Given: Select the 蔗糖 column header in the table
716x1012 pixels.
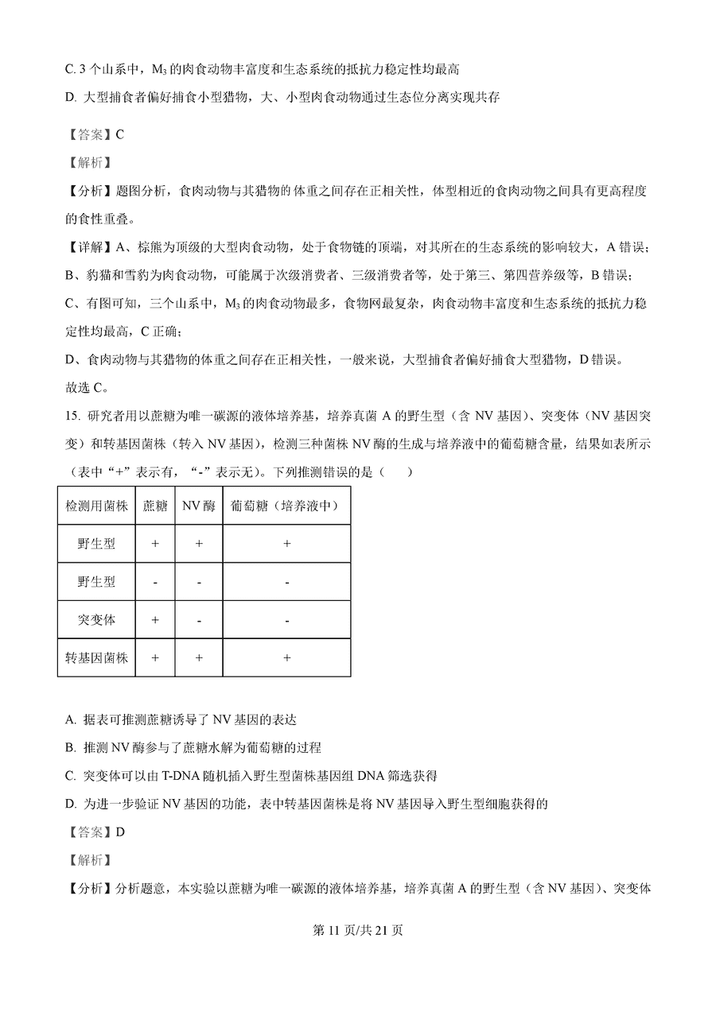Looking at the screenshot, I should tap(155, 506).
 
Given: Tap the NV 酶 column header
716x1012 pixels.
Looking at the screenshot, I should tap(199, 506).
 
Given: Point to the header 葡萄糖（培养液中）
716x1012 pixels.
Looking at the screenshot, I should tap(286, 506).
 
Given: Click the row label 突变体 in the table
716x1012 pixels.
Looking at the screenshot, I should tap(96, 620).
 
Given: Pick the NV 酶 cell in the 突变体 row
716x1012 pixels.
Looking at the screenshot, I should tap(199, 620).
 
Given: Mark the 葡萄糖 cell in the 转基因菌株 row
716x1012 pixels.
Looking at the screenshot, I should tap(286, 658).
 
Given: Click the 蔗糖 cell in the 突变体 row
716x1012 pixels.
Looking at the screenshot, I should tap(155, 620).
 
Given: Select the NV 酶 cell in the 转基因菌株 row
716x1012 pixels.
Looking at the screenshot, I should tap(199, 658).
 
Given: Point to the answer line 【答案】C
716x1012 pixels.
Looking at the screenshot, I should tap(95, 134).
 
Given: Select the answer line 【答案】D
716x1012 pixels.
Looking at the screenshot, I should tap(95, 832).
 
